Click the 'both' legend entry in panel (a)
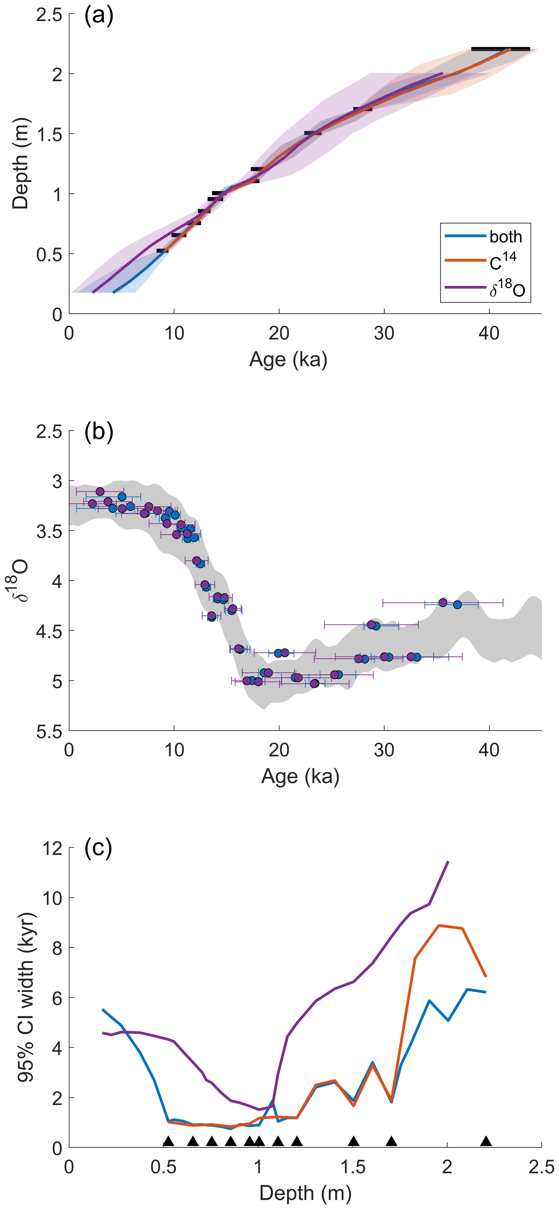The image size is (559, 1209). point(505,237)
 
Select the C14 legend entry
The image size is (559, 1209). point(503,261)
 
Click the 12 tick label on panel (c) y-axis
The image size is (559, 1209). point(52,848)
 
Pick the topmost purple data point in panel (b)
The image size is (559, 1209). point(100,491)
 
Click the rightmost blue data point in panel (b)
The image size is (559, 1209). point(457,604)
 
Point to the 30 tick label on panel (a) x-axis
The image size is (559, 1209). point(384,333)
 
